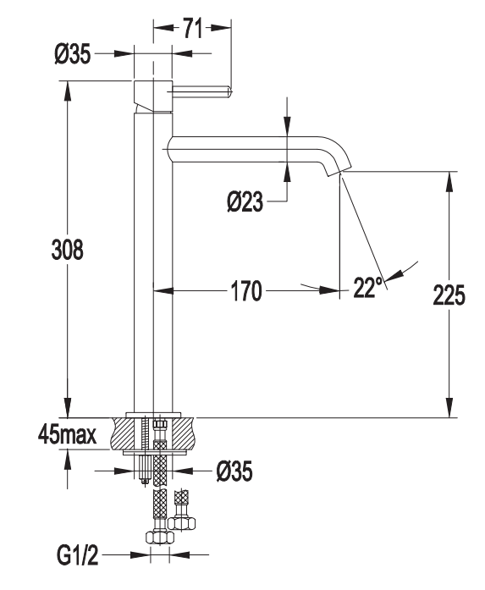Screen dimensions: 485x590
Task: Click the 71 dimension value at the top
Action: point(193,29)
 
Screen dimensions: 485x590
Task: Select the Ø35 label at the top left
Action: point(73,54)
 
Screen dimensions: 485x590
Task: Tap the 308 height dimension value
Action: point(68,250)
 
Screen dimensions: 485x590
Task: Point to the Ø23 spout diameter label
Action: point(245,201)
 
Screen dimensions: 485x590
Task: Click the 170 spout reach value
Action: point(246,291)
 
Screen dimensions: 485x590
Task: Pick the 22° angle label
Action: point(367,288)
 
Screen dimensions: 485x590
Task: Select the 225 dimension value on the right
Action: point(449,295)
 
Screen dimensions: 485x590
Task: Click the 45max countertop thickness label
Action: point(68,435)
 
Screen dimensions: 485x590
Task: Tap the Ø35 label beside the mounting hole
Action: point(234,471)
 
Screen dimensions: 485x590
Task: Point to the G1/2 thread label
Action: point(78,555)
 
